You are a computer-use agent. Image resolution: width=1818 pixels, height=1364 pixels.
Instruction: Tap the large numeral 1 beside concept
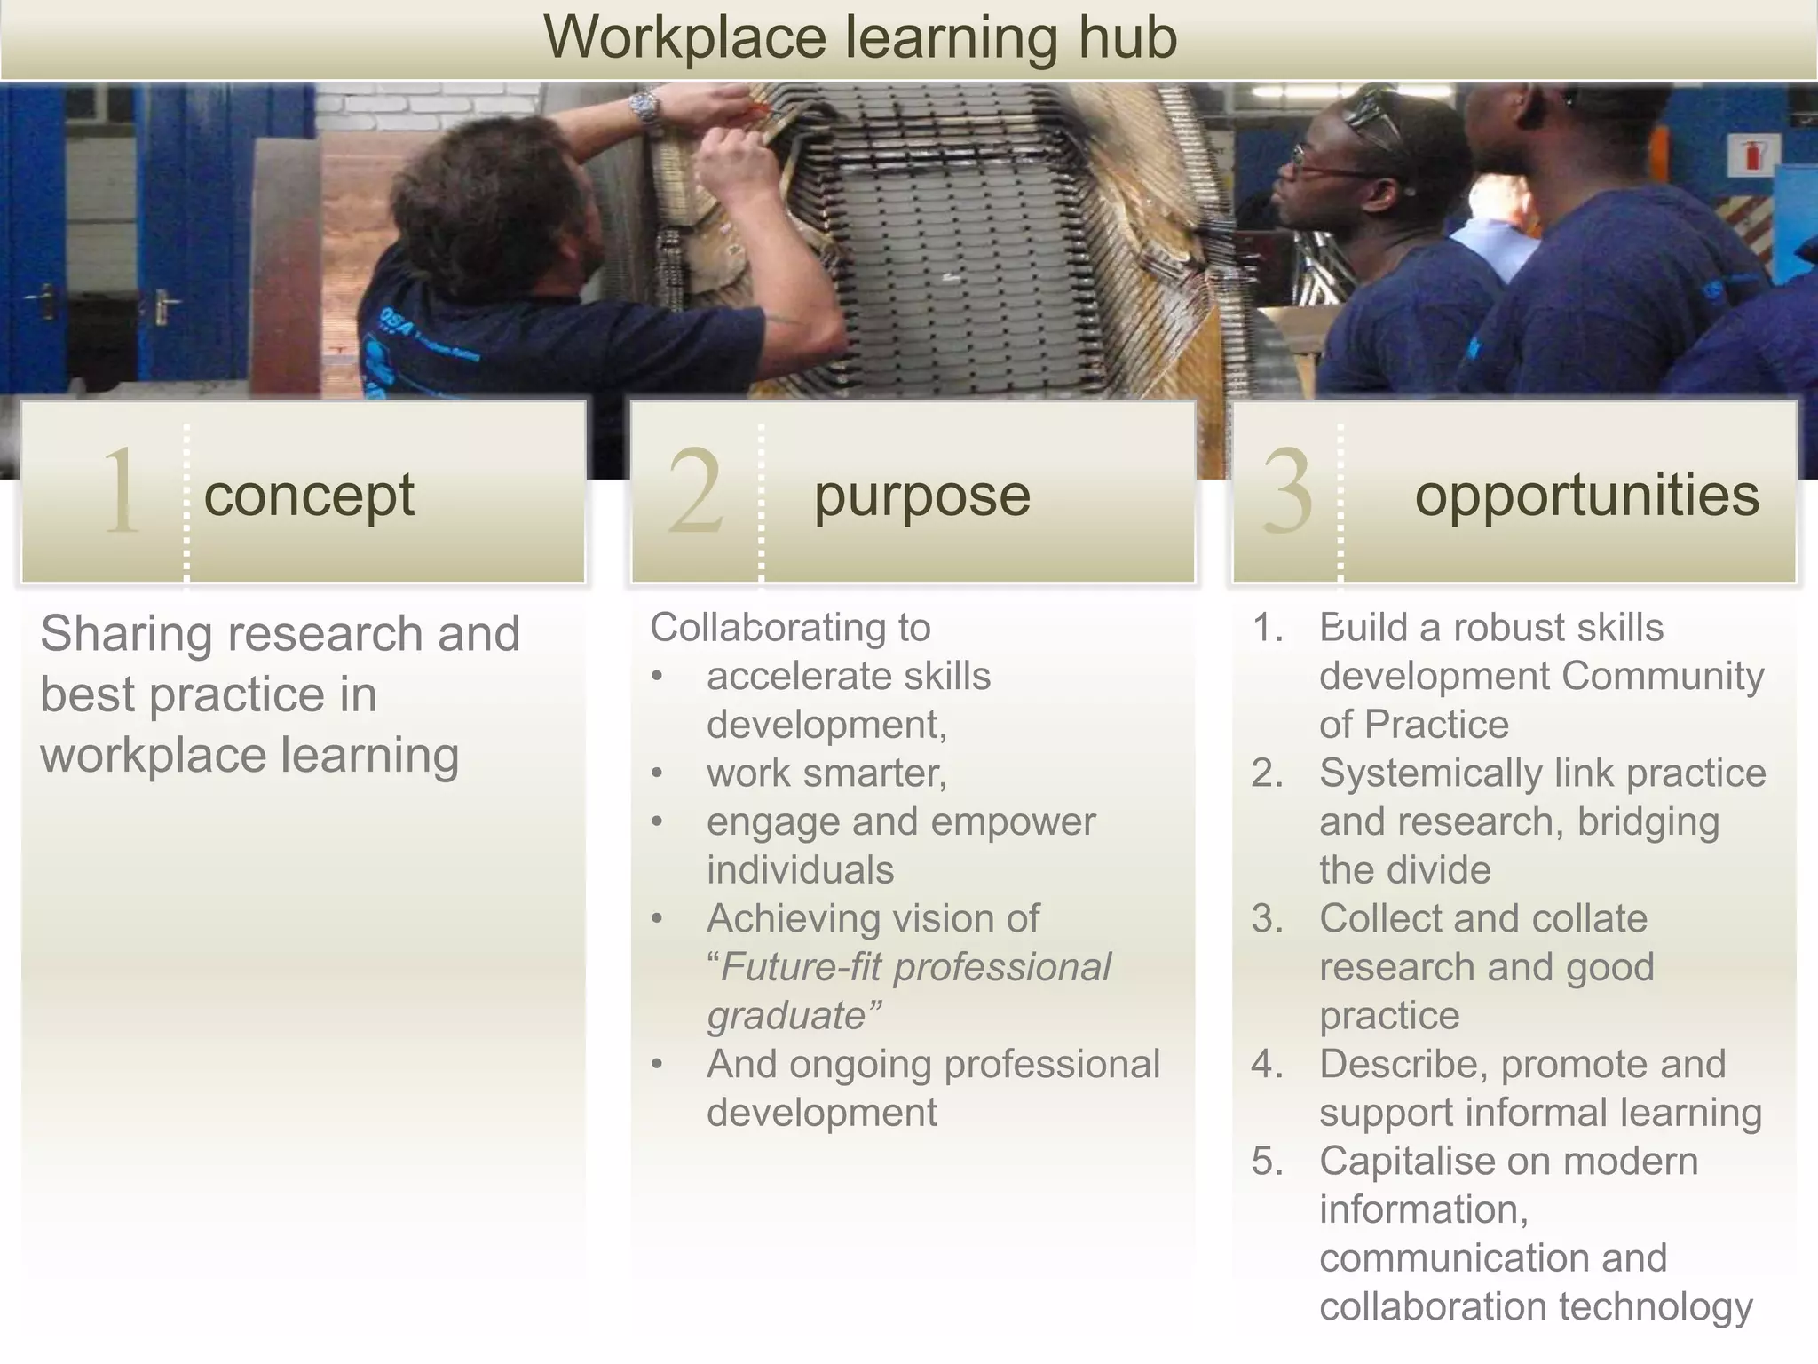[122, 492]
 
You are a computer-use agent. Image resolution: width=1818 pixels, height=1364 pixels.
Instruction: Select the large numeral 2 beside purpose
[695, 492]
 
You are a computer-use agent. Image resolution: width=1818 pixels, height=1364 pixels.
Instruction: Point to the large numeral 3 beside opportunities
[1286, 492]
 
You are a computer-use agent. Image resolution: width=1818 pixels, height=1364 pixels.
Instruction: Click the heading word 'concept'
[309, 496]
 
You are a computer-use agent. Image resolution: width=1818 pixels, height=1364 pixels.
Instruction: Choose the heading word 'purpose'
[921, 496]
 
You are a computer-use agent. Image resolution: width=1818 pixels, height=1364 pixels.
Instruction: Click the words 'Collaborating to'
[790, 628]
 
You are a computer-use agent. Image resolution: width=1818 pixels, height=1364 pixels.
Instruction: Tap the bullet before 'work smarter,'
[657, 773]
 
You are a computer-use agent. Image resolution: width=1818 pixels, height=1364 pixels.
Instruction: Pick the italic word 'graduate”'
[794, 1016]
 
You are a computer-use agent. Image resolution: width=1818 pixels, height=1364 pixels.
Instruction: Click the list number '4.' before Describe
[1267, 1064]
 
